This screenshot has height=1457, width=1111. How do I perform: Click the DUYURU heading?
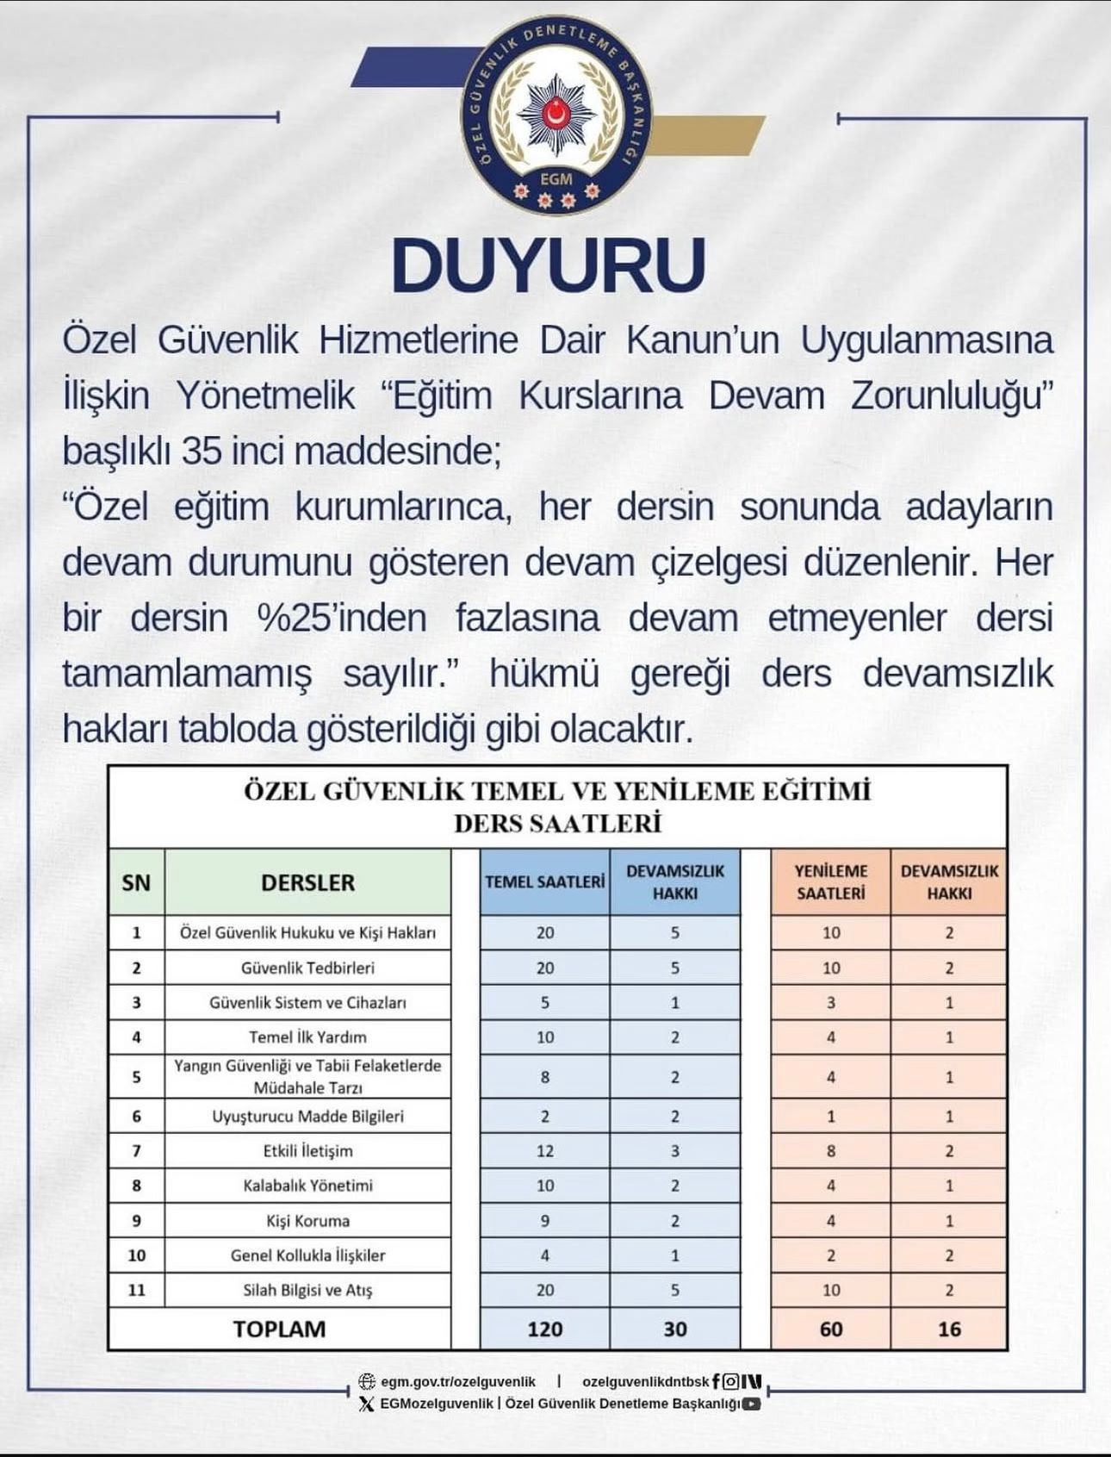click(549, 265)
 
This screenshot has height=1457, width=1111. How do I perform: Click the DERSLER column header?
click(307, 882)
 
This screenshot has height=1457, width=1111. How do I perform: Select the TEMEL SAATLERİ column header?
click(544, 882)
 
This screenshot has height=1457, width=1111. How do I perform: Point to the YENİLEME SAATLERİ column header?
click(830, 882)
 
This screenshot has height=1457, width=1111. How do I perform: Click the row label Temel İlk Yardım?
click(307, 1037)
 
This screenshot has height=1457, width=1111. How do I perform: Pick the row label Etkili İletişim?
click(307, 1151)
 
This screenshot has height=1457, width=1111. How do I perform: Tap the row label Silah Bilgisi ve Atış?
click(307, 1290)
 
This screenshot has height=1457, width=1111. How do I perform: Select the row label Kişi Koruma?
click(307, 1221)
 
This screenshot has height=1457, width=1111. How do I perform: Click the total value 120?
click(544, 1329)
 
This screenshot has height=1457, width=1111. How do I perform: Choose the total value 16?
click(949, 1329)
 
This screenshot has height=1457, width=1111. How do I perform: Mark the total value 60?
click(830, 1329)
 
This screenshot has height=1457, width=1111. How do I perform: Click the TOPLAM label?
click(279, 1329)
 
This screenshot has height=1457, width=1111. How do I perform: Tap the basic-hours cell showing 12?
click(544, 1151)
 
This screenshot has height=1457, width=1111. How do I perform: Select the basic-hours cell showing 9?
click(544, 1221)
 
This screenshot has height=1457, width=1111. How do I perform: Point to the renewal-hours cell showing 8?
click(830, 1151)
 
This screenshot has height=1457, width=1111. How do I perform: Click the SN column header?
click(136, 882)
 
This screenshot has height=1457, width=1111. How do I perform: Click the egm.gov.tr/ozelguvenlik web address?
click(457, 1381)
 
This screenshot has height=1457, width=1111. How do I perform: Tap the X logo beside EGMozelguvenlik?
click(367, 1404)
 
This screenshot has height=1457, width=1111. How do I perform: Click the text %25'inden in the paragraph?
click(341, 619)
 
